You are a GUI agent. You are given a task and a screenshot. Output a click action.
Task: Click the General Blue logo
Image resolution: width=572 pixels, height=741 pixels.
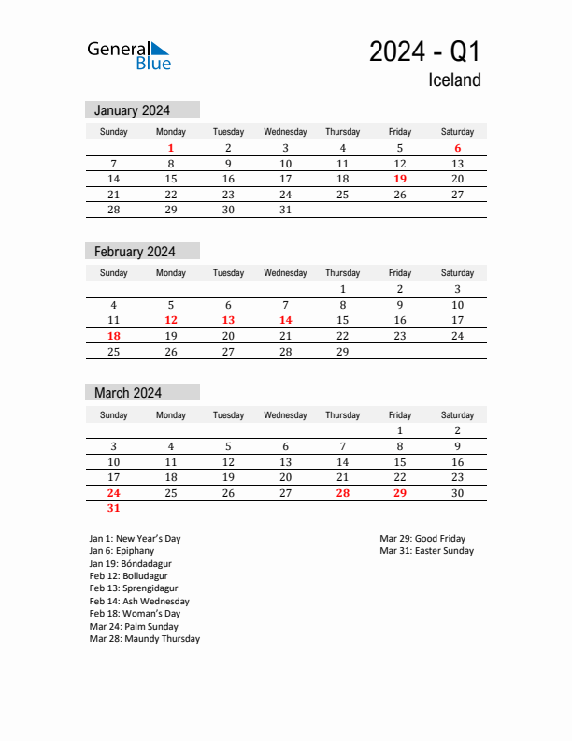pos(129,55)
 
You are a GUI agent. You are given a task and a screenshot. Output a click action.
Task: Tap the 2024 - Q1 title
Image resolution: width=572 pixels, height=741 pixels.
pos(424,51)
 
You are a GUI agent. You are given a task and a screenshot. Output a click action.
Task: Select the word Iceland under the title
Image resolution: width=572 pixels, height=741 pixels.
pos(454,80)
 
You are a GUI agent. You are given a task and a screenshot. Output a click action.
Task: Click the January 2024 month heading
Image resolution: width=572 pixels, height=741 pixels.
pos(132,110)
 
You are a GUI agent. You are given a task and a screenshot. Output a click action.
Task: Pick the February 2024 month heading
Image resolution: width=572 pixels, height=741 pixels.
pos(135,252)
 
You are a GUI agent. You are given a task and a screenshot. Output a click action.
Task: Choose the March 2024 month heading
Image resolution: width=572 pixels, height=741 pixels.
pos(128,393)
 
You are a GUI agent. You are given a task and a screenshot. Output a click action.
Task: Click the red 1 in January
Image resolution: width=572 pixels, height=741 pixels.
pos(171,148)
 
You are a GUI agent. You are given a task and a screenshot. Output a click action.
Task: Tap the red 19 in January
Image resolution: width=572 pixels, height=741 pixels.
pos(400,179)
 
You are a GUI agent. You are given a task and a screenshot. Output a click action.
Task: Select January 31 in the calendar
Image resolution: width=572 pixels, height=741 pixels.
pos(286,210)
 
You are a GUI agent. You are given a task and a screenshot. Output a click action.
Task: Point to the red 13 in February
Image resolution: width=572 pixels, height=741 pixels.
pos(228,320)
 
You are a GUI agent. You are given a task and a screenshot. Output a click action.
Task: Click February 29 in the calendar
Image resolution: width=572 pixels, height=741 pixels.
pos(343,352)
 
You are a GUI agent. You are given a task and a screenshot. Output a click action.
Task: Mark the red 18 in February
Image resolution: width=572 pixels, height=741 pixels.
pos(114,336)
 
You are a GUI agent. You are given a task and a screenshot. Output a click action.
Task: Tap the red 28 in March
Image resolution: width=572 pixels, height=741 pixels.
pos(343,493)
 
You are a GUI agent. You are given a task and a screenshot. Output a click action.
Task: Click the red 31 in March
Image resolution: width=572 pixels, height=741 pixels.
pos(114,509)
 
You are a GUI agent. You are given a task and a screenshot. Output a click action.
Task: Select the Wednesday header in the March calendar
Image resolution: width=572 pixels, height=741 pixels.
pos(286,415)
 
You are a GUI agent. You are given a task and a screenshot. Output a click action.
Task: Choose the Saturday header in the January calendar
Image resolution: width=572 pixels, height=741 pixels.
pos(457,132)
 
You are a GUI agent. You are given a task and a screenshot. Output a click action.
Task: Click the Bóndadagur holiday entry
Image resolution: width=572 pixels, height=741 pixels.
pos(131,564)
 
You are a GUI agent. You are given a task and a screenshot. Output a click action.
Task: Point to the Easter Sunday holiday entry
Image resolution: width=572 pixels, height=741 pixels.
pos(427,551)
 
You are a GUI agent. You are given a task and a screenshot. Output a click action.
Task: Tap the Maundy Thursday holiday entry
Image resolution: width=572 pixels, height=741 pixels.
pos(145,639)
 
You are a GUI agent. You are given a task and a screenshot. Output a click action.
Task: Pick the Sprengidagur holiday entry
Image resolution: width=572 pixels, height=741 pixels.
pos(134,588)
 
